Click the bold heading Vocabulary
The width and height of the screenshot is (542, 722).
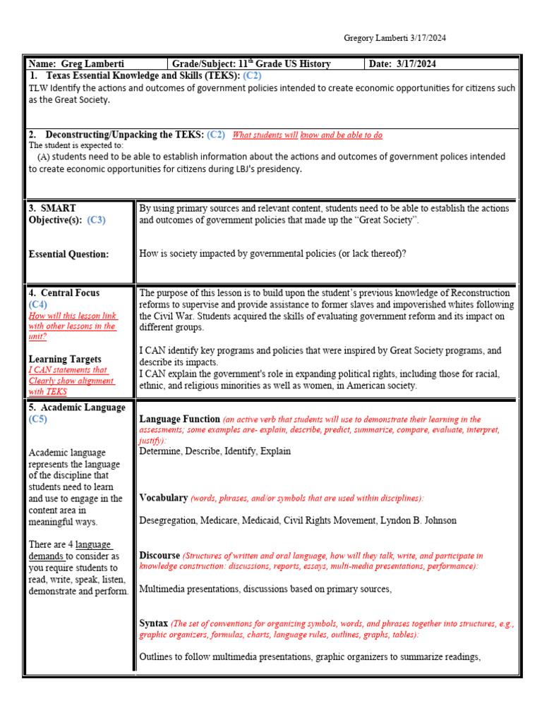tap(164, 498)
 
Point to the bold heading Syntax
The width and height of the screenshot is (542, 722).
tap(154, 623)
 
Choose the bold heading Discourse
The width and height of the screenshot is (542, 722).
tap(159, 556)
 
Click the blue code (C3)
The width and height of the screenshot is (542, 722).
tap(97, 220)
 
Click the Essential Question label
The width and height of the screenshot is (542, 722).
tap(68, 255)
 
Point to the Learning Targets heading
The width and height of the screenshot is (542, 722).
tap(65, 359)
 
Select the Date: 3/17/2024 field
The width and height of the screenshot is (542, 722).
tap(404, 63)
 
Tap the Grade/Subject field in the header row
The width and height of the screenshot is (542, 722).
tap(251, 63)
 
